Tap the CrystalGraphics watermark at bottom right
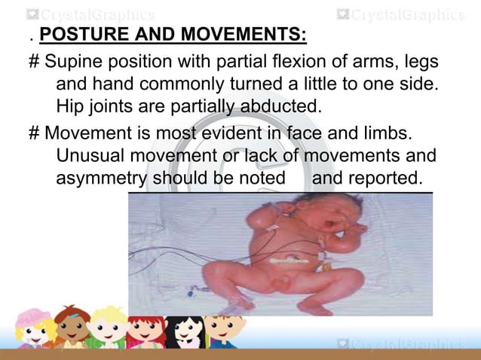click(400, 345)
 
